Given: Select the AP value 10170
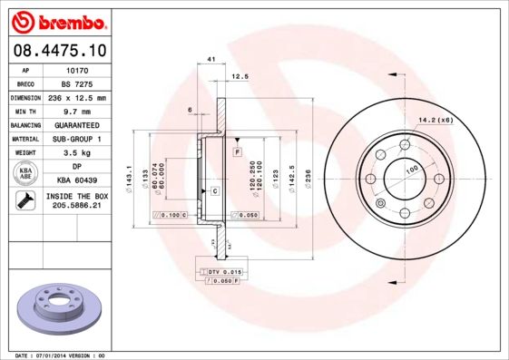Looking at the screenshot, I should [76, 69].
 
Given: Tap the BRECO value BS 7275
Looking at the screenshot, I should [76, 83].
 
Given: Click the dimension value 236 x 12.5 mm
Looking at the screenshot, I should [76, 97].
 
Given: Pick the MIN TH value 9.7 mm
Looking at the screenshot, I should [76, 111].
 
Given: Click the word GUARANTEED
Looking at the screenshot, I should [76, 125].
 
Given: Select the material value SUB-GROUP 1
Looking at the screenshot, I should [76, 139].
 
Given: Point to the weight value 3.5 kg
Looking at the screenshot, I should [76, 153].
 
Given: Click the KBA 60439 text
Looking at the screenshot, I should [76, 181].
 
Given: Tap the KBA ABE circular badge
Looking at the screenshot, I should [26, 174].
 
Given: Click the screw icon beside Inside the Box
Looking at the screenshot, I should [25, 201].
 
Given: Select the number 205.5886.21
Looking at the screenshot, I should [76, 207].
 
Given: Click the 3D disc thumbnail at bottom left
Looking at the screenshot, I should [55, 306].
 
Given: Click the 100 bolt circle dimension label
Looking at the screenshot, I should [411, 170].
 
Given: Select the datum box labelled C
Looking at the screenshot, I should [215, 190].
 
